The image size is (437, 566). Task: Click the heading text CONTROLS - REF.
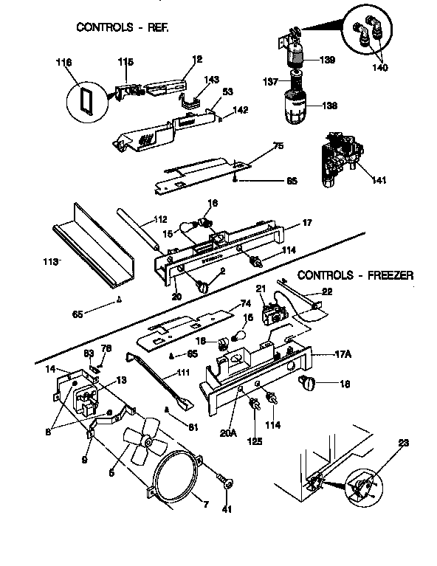point(123,27)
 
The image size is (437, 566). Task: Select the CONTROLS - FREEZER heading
point(355,275)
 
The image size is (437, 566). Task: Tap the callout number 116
point(65,63)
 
